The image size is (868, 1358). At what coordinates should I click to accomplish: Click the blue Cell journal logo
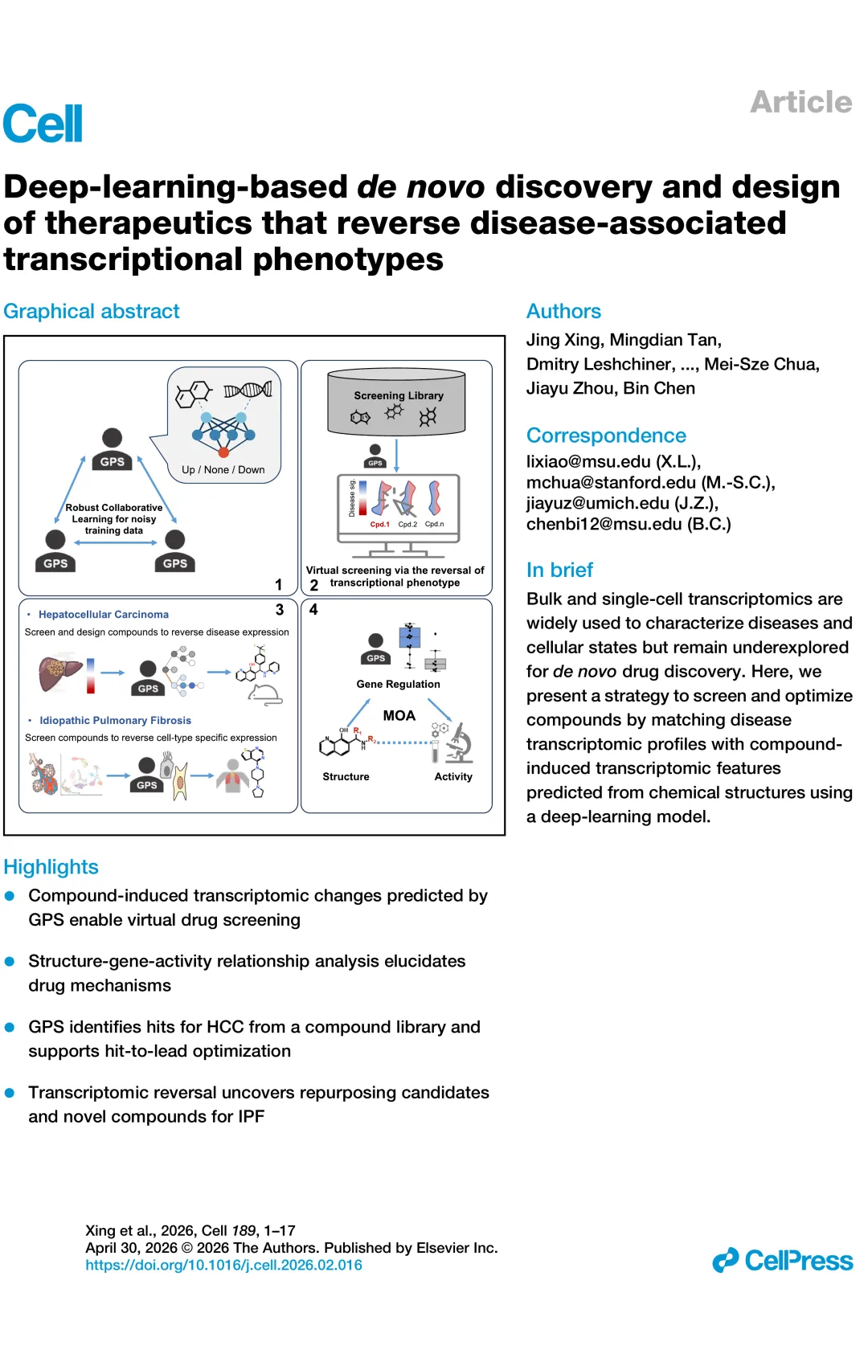pyautogui.click(x=43, y=123)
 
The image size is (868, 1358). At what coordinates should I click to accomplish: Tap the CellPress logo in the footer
pyautogui.click(x=783, y=1261)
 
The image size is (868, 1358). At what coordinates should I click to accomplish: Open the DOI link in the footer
pyautogui.click(x=223, y=1266)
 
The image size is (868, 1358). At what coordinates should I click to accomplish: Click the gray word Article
pyautogui.click(x=800, y=102)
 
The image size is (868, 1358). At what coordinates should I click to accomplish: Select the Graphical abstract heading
pyautogui.click(x=92, y=311)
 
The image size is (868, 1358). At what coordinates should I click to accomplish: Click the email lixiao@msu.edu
pyautogui.click(x=588, y=461)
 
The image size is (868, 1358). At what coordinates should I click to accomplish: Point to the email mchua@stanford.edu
pyautogui.click(x=611, y=482)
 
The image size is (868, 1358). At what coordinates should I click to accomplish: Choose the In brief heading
pyautogui.click(x=559, y=570)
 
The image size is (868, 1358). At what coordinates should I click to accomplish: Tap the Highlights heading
pyautogui.click(x=51, y=867)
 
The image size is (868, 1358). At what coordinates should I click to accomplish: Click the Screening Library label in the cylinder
pyautogui.click(x=399, y=395)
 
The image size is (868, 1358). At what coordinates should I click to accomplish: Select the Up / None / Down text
pyautogui.click(x=223, y=470)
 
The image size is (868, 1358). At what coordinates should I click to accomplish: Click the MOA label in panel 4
pyautogui.click(x=399, y=715)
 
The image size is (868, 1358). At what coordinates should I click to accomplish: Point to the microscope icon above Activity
pyautogui.click(x=460, y=743)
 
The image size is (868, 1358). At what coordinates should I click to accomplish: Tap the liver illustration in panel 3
pyautogui.click(x=60, y=673)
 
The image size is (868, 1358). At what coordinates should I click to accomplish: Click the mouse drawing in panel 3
pyautogui.click(x=266, y=695)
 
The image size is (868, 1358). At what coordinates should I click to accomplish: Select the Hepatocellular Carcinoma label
pyautogui.click(x=104, y=614)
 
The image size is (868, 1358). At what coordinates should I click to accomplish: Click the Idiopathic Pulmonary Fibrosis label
pyautogui.click(x=115, y=720)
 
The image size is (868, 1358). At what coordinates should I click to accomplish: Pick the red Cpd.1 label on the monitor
pyautogui.click(x=379, y=525)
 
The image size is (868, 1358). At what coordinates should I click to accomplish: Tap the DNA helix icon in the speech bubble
pyautogui.click(x=248, y=390)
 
